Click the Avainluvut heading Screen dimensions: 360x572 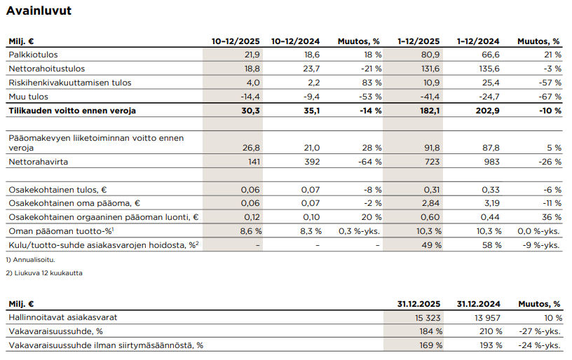point(39,11)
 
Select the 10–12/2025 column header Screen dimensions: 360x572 point(236,41)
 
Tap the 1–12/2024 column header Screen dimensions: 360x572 point(477,41)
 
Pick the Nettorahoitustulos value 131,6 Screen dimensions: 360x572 point(430,69)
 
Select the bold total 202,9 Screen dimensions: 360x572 point(486,111)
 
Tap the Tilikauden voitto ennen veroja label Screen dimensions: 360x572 point(71,111)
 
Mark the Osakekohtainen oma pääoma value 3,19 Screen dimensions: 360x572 point(490,203)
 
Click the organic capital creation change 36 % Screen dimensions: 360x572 point(552,217)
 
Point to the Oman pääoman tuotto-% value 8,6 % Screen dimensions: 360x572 point(250,230)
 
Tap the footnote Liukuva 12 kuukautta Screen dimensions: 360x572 point(48,272)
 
